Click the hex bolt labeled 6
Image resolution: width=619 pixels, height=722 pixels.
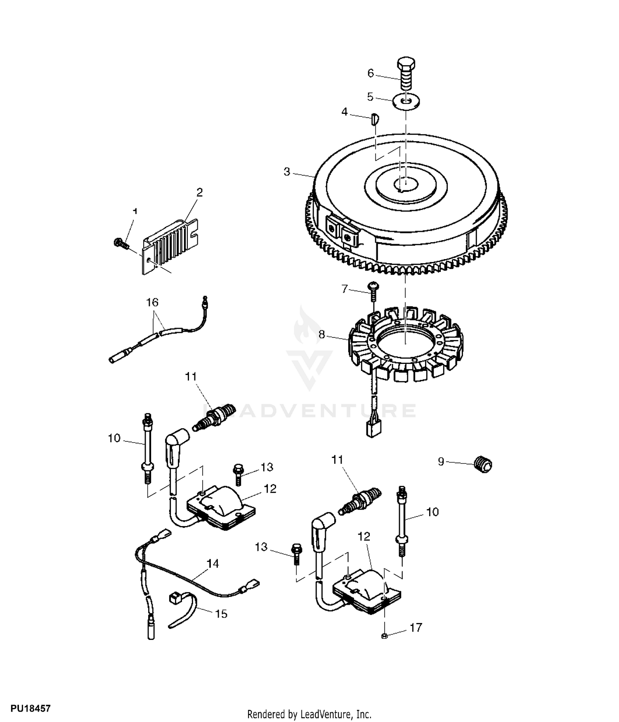click(406, 75)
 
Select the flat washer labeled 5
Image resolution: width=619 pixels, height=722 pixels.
click(406, 101)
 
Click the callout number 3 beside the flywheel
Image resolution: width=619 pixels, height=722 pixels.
click(287, 172)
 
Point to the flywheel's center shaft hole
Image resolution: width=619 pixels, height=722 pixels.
click(405, 182)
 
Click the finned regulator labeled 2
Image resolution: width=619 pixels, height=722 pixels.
click(170, 245)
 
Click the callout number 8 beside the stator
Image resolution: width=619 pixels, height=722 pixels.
click(322, 335)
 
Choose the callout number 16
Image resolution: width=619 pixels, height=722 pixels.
click(152, 302)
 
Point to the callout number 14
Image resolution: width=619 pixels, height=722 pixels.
click(213, 564)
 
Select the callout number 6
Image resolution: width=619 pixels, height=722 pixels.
click(371, 73)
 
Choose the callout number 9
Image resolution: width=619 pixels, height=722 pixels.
click(441, 461)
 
